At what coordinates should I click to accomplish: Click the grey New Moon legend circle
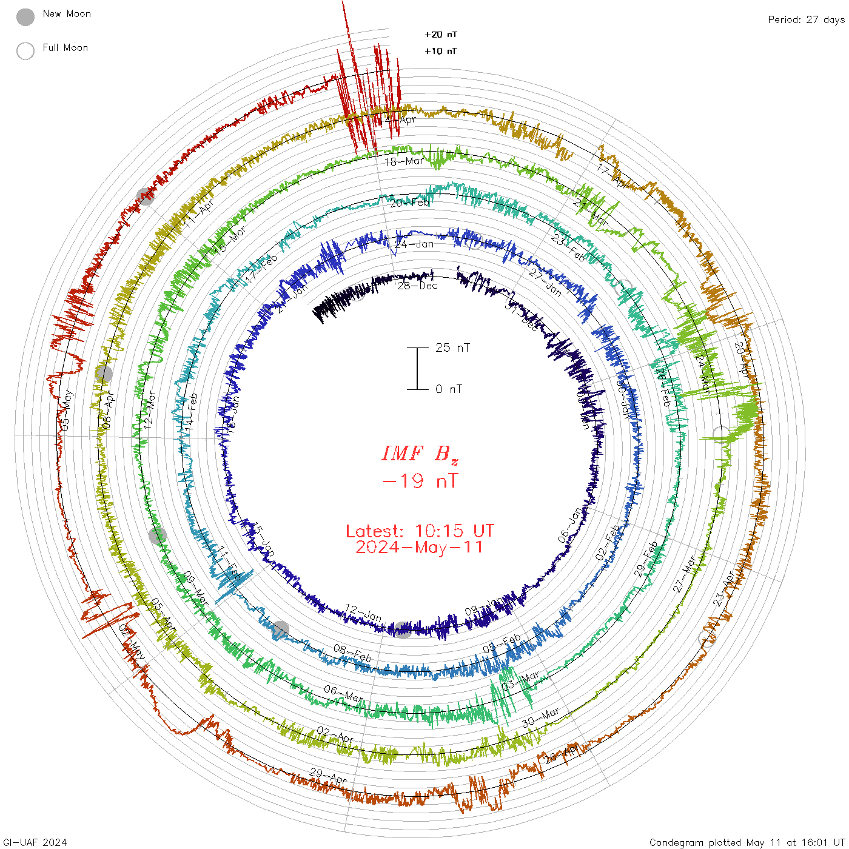point(25,18)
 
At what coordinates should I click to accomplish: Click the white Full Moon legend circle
point(25,51)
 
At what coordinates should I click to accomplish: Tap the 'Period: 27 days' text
point(806,20)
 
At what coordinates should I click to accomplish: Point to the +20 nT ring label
point(441,35)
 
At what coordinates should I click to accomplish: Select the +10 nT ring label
point(441,51)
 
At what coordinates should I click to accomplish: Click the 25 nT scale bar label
point(452,348)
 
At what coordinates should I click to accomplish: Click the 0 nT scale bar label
point(449,389)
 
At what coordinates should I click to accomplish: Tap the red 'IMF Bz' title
point(420,454)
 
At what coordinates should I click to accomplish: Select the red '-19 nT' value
point(420,482)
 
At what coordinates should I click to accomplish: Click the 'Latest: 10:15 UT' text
point(420,531)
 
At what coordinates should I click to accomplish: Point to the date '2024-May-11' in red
point(420,548)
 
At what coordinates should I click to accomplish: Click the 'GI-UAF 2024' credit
point(35,842)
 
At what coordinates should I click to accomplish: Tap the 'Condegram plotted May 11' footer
point(747,842)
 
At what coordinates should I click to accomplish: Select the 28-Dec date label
point(417,286)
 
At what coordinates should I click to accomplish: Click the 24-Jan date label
point(414,244)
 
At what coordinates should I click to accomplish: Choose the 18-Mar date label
point(404,162)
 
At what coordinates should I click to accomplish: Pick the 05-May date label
point(65,411)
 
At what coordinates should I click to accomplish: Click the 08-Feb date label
point(352,654)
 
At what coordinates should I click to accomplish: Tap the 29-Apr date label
point(328,776)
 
